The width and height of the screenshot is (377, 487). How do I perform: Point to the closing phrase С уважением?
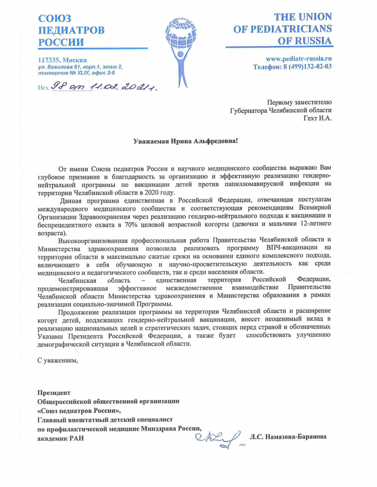click(57, 360)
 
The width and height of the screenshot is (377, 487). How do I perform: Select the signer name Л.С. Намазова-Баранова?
click(288, 437)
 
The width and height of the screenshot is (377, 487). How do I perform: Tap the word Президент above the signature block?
click(54, 392)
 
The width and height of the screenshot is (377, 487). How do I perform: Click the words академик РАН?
click(61, 438)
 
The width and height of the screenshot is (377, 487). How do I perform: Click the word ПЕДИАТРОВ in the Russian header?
click(71, 29)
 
